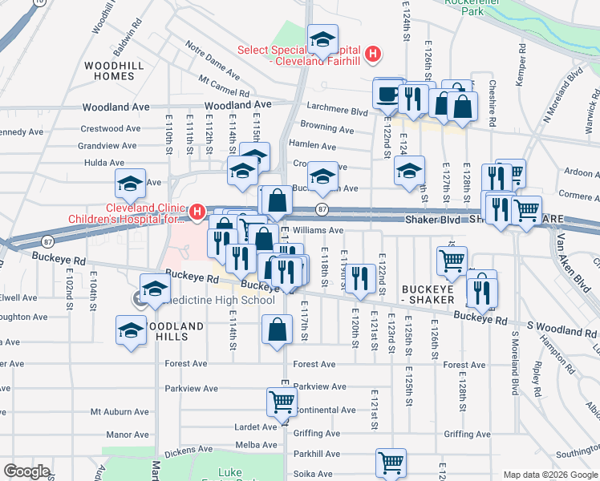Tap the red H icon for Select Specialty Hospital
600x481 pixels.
pyautogui.click(x=371, y=55)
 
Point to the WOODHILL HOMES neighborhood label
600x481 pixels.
pyautogui.click(x=111, y=70)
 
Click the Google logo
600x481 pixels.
pyautogui.click(x=26, y=471)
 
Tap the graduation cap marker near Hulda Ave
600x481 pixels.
pyautogui.click(x=130, y=184)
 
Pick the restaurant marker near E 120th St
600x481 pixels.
pyautogui.click(x=359, y=277)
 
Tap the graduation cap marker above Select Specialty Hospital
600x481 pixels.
pyautogui.click(x=322, y=40)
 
